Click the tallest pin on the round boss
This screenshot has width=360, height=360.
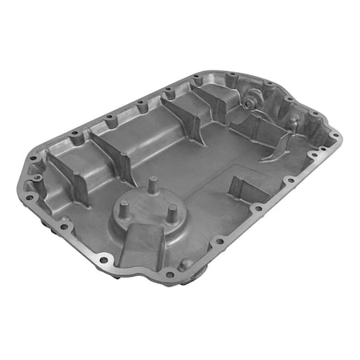pyautogui.click(x=150, y=186)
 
